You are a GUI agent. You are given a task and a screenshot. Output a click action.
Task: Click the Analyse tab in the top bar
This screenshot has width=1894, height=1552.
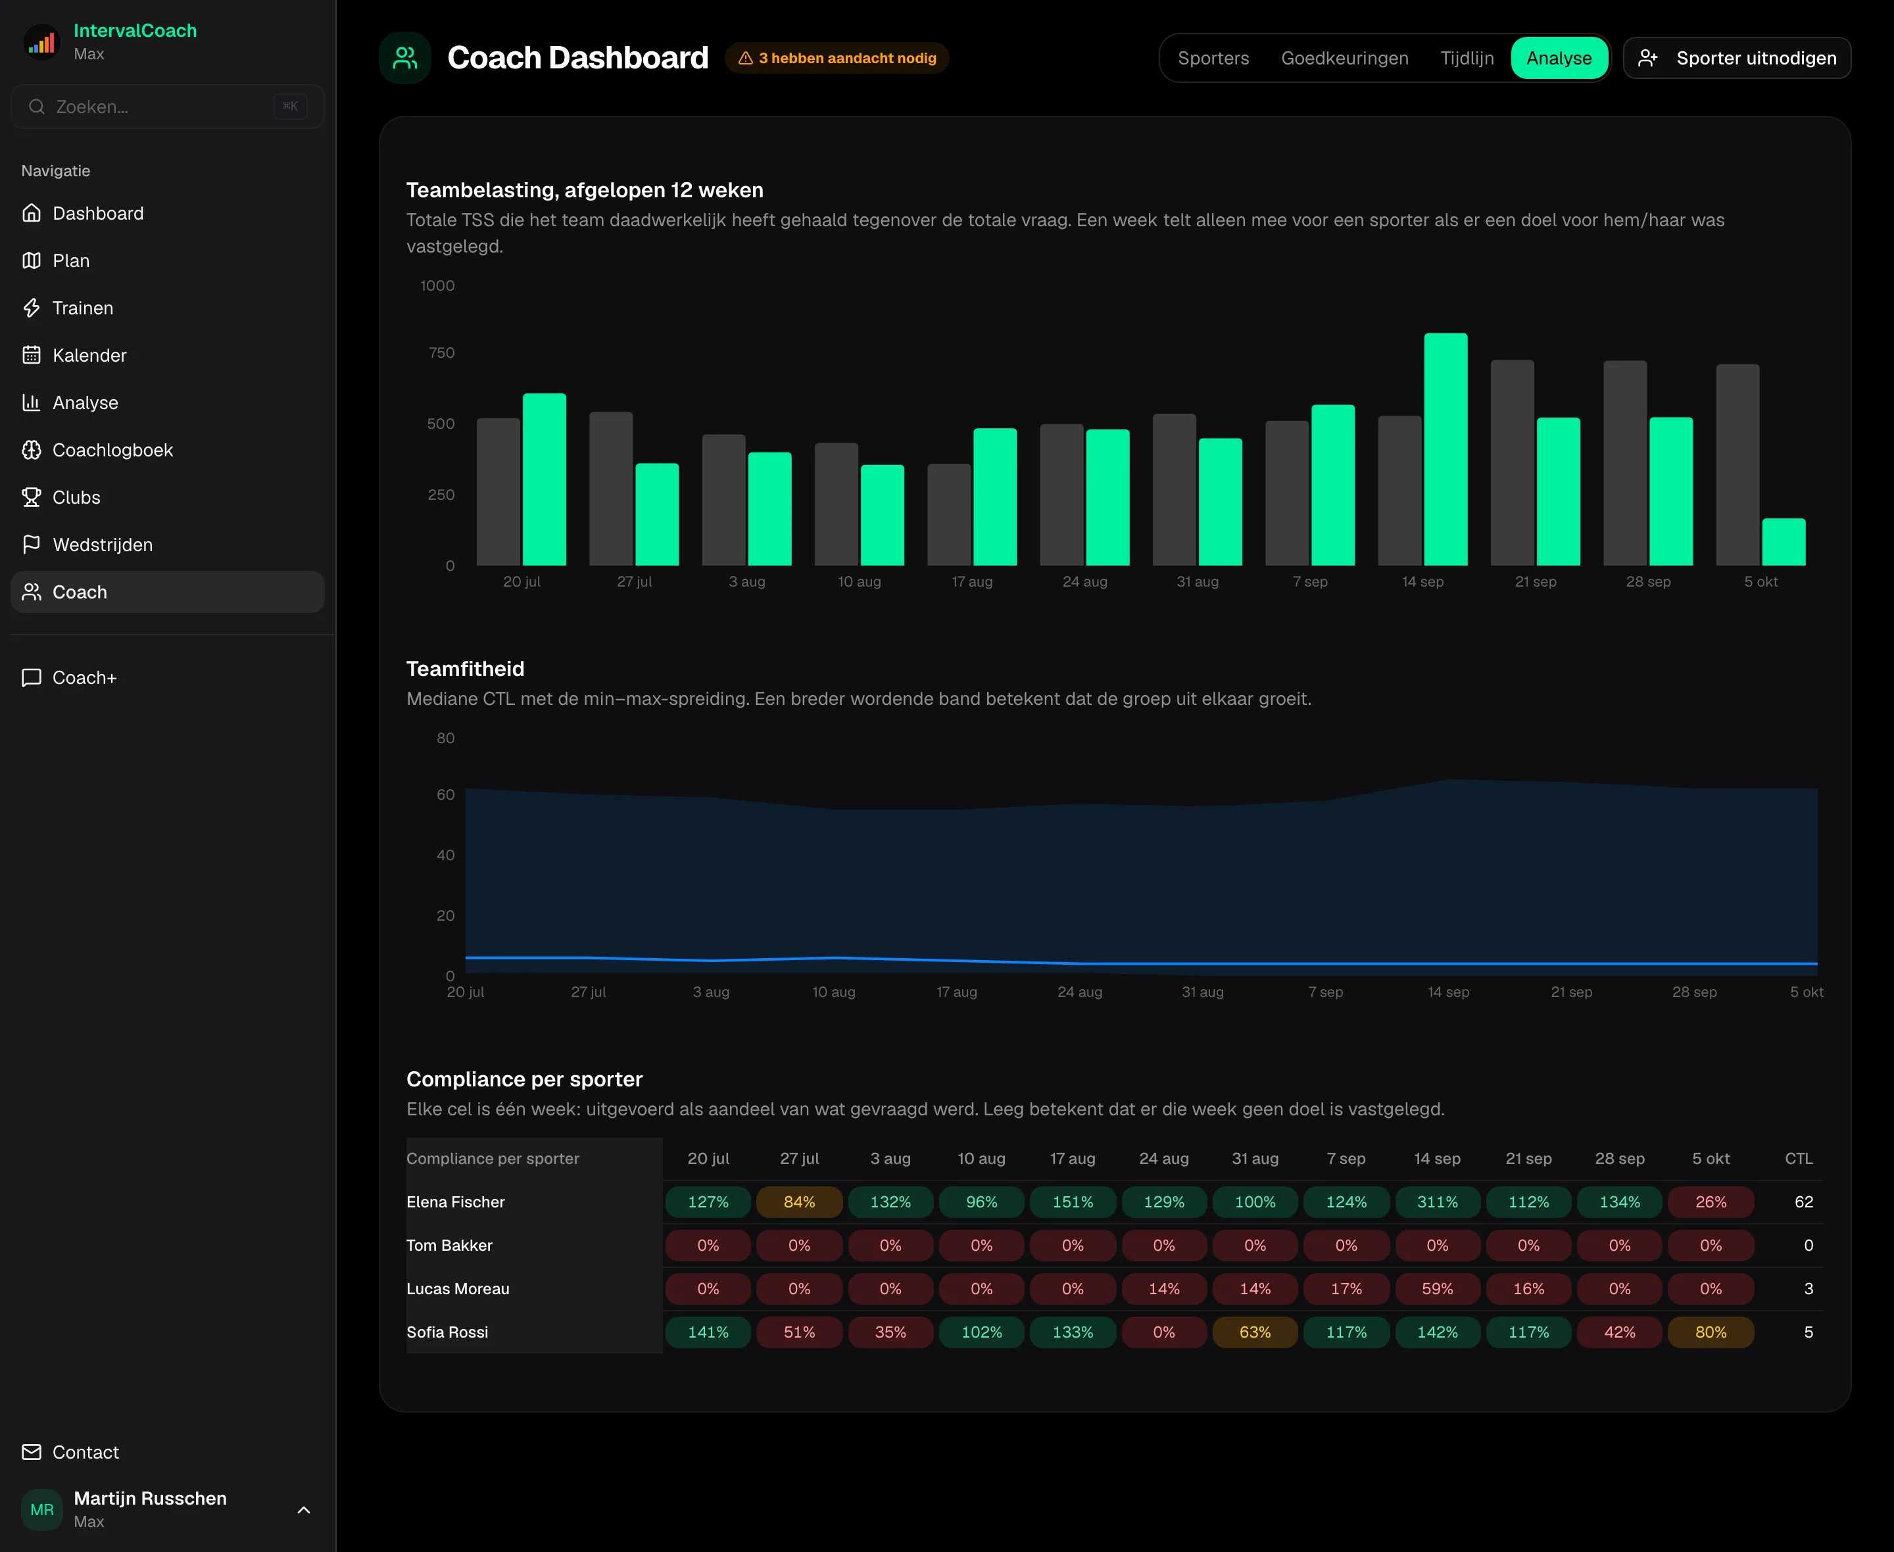click(1559, 58)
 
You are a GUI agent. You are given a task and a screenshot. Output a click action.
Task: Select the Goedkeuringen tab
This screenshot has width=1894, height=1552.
click(1344, 58)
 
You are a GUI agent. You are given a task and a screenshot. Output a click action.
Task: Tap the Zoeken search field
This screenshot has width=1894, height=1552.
click(167, 107)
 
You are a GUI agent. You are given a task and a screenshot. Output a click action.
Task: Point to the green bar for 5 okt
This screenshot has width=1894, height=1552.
click(1783, 543)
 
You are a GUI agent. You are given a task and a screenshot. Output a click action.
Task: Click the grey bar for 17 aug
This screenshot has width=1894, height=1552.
click(949, 515)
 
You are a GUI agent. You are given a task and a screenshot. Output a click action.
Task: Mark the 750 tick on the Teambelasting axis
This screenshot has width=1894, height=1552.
click(441, 353)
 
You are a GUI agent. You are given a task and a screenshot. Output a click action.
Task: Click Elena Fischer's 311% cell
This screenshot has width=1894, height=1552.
click(1437, 1202)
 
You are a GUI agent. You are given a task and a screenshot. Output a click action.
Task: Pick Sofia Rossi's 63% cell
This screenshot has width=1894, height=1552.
click(1255, 1332)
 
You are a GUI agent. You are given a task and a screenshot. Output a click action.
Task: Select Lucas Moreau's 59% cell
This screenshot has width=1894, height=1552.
click(1437, 1289)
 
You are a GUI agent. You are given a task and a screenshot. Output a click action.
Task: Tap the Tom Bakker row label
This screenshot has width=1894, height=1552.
click(450, 1246)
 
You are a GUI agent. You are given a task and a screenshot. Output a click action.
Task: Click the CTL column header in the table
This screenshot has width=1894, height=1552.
click(1799, 1159)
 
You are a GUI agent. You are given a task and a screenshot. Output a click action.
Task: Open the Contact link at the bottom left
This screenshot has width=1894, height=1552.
click(85, 1452)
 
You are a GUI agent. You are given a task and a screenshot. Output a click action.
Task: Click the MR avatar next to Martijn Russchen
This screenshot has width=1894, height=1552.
click(42, 1510)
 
